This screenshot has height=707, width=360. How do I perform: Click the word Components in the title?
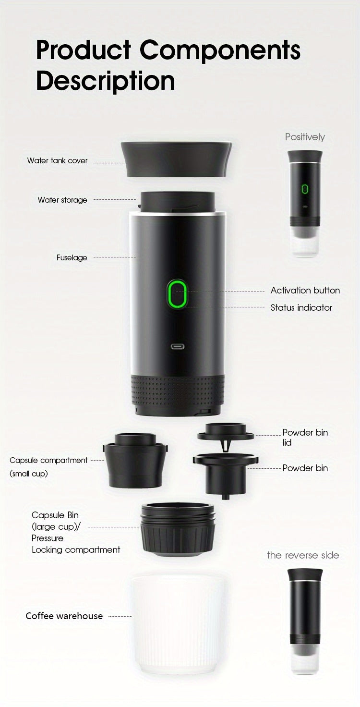click(220, 50)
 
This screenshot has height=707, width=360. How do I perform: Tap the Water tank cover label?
click(58, 160)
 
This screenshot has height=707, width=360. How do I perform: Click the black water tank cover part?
click(176, 158)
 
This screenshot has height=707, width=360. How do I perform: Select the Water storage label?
click(62, 200)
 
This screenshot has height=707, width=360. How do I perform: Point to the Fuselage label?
click(72, 257)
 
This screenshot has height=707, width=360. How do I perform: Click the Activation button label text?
click(305, 290)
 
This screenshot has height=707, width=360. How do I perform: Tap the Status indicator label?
click(301, 307)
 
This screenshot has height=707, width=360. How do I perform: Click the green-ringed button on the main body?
click(177, 294)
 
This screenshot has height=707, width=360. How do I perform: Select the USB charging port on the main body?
click(178, 346)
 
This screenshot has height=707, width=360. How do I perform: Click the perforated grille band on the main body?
click(178, 390)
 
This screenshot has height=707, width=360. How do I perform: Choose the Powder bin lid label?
click(305, 437)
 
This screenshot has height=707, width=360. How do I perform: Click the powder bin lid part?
click(225, 432)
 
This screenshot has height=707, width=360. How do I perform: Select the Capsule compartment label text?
click(48, 460)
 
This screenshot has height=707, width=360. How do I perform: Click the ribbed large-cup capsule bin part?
click(178, 528)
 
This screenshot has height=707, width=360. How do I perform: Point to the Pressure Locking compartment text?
click(75, 544)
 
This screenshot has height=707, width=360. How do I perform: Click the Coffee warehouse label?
click(64, 616)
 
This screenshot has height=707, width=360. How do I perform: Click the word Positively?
click(305, 137)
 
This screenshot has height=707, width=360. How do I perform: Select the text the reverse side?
click(303, 555)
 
